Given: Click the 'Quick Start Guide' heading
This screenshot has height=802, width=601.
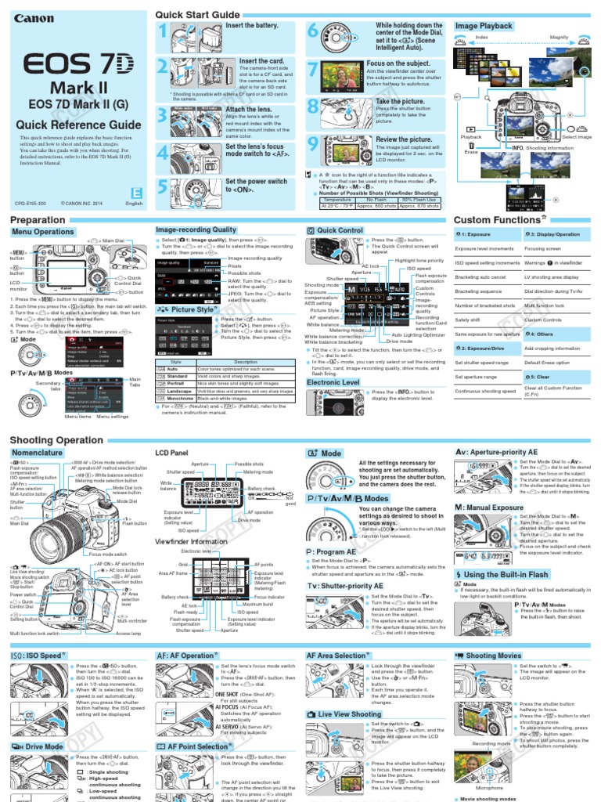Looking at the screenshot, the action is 197,15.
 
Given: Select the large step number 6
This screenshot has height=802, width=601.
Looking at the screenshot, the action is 313,32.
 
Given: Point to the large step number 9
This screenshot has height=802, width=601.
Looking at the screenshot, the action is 313,143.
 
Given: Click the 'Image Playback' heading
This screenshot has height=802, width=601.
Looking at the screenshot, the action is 484,26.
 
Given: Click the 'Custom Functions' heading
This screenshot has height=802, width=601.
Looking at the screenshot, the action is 497,220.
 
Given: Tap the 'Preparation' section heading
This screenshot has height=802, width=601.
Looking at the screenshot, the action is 38,220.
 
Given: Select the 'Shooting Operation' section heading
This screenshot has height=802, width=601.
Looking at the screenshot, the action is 56,440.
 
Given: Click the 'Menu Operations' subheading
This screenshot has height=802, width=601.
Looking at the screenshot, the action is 43,232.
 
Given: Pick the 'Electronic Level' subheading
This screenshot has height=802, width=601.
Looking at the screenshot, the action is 333,382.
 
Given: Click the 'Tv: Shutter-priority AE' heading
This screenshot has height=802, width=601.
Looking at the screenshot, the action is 345,585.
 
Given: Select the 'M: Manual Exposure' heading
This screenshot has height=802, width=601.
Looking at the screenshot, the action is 490,508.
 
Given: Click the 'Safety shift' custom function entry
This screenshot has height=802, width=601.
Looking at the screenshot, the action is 469,320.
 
